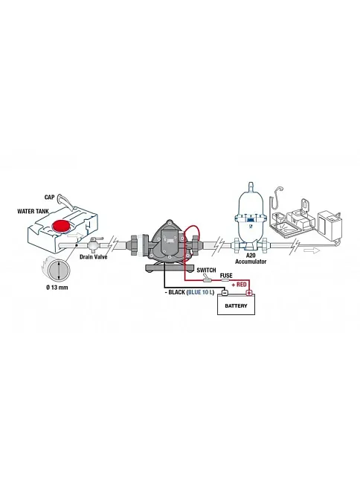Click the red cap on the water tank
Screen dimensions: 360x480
pyautogui.click(x=61, y=226)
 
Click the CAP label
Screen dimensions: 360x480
pyautogui.click(x=49, y=197)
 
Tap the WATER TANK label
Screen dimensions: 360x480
pyautogui.click(x=33, y=211)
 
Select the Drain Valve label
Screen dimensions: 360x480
pyautogui.click(x=94, y=256)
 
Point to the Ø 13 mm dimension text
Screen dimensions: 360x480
pyautogui.click(x=57, y=288)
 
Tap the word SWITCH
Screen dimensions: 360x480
pyautogui.click(x=206, y=270)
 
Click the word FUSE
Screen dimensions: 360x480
pyautogui.click(x=226, y=276)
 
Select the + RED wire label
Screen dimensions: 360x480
pyautogui.click(x=239, y=285)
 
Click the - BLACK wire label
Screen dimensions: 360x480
pyautogui.click(x=175, y=292)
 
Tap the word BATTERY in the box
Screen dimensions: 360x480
pyautogui.click(x=236, y=306)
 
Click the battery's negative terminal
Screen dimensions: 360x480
pyautogui.click(x=225, y=293)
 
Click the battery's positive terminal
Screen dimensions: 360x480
pyautogui.click(x=249, y=293)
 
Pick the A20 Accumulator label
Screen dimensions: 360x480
pyautogui.click(x=251, y=259)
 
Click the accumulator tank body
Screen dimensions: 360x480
pyautogui.click(x=251, y=218)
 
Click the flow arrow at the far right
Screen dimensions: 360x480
pyautogui.click(x=312, y=250)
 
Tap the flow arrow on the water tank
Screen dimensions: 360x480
pyautogui.click(x=75, y=236)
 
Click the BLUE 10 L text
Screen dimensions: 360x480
pyautogui.click(x=200, y=292)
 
